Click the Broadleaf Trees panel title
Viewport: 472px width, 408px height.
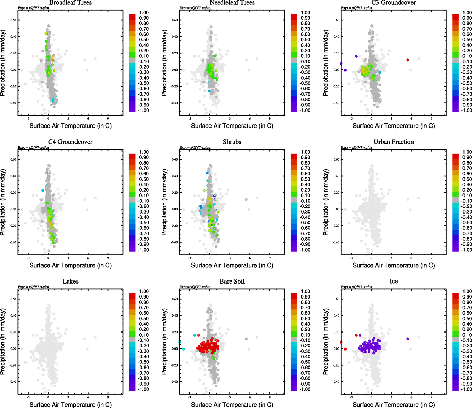tap(70, 3)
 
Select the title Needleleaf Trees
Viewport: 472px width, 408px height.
tap(232, 3)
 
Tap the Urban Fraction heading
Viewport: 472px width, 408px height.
tap(393, 142)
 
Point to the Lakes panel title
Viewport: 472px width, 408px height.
tap(70, 282)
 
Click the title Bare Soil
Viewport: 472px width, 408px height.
tap(232, 282)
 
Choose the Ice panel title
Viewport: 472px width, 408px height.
tap(393, 282)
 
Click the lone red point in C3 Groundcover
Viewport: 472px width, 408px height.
tap(408, 60)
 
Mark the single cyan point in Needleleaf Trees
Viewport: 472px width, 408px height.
tap(209, 91)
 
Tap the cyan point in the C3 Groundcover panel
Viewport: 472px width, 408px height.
tap(380, 72)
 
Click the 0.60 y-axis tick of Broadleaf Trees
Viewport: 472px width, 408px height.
tap(13, 20)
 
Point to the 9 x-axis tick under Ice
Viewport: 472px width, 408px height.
tap(431, 397)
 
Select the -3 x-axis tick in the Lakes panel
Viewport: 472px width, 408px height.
tap(28, 397)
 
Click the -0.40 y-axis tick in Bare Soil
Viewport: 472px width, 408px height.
tap(174, 382)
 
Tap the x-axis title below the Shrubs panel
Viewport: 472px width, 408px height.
tap(232, 265)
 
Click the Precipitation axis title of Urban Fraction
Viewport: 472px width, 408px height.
tap(326, 202)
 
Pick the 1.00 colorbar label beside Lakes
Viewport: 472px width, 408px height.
tap(144, 291)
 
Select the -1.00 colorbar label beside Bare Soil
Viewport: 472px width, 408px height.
tap(305, 389)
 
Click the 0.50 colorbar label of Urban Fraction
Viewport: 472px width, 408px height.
tap(467, 179)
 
